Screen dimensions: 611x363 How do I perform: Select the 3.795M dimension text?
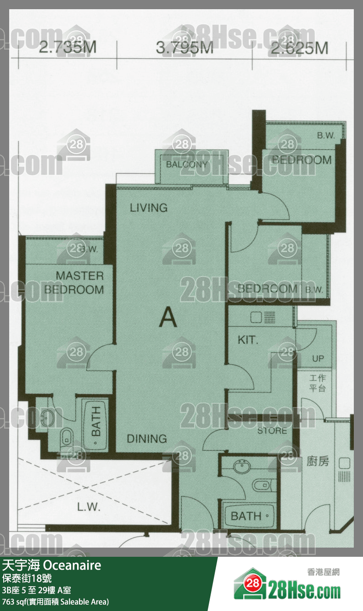(184, 48)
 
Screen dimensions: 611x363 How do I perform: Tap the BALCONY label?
(187, 164)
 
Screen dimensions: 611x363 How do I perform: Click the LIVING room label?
(148, 208)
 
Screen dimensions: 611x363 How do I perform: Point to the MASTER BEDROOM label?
(74, 283)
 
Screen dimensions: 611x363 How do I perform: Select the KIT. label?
(248, 340)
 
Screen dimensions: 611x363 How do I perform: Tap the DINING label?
(146, 439)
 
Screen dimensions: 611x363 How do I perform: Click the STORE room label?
(272, 431)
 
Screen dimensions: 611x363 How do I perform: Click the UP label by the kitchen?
(318, 359)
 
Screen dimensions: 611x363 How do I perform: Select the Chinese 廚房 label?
(318, 461)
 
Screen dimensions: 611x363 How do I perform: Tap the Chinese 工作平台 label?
(317, 384)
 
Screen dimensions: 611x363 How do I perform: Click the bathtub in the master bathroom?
(96, 421)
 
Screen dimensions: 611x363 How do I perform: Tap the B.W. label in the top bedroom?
(325, 136)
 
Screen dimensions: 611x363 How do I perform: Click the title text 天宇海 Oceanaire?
(52, 565)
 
